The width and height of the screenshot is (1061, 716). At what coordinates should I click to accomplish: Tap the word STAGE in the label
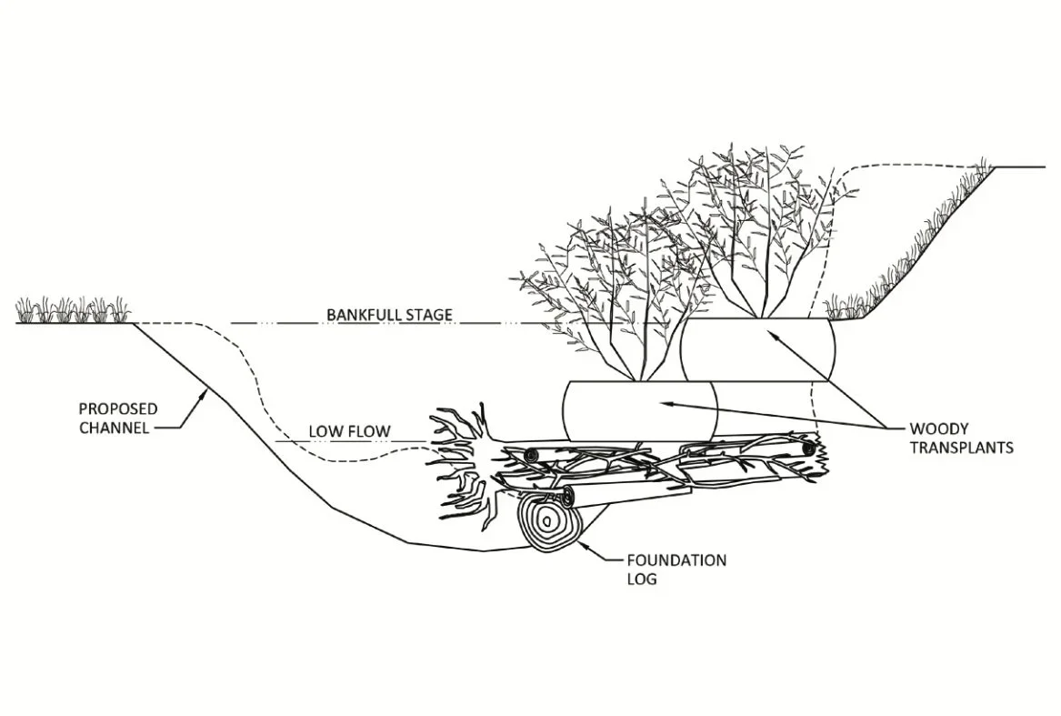(429, 316)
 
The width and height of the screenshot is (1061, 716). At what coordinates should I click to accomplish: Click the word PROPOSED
(118, 408)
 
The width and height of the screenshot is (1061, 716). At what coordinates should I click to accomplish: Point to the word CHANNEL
(114, 427)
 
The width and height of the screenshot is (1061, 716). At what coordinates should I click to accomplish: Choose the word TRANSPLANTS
(961, 448)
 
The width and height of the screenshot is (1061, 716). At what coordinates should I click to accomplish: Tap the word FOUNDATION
(676, 560)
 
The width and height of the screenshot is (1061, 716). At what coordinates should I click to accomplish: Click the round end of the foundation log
(549, 520)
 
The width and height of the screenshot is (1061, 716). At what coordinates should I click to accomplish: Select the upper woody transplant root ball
(757, 348)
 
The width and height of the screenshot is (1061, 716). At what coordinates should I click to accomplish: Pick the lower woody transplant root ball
(640, 409)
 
